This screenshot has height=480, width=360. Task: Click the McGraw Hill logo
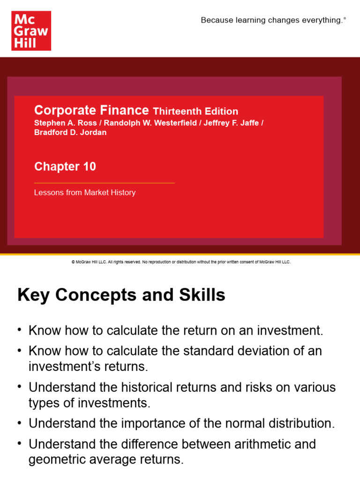[x=31, y=31]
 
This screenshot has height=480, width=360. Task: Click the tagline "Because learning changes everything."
[x=273, y=20]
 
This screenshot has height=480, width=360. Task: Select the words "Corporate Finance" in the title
[x=91, y=111]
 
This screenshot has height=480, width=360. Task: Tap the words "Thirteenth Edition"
[x=195, y=112]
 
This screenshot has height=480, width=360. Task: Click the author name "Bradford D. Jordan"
[x=70, y=132]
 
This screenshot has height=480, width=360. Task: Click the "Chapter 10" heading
[x=65, y=166]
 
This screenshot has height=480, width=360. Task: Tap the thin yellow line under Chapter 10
[x=104, y=183]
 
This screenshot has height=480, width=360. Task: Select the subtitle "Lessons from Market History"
[x=85, y=193]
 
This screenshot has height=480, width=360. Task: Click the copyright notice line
[x=181, y=262]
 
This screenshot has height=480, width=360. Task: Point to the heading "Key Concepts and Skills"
[x=121, y=295]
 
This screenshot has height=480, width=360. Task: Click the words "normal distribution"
[x=280, y=423]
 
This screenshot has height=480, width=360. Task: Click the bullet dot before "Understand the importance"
[x=20, y=423]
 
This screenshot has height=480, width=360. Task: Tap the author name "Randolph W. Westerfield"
[x=146, y=123]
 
